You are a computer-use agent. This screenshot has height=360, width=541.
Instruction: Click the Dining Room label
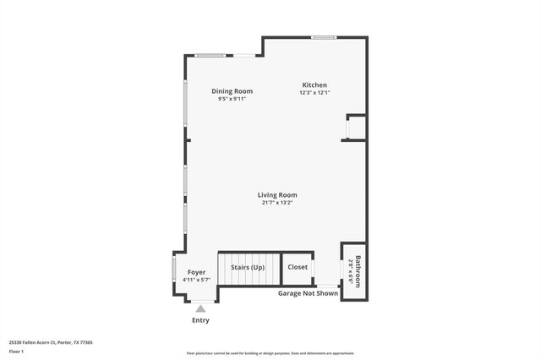pos(232,91)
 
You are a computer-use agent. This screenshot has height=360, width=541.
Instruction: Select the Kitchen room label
pos(314,85)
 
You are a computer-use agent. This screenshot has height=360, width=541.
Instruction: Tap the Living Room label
pos(277,195)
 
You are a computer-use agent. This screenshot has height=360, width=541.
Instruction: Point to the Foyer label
pos(196,273)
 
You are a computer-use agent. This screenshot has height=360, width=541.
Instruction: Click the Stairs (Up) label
pos(248,267)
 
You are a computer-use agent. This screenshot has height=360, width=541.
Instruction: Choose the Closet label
pos(298,267)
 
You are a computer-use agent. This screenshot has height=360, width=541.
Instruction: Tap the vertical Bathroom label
pos(358,271)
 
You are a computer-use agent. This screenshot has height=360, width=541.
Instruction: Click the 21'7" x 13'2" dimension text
pos(277,203)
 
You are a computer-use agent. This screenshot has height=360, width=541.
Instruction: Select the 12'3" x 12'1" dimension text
pos(314,93)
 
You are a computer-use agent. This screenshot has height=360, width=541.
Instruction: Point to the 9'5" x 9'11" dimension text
pos(232,99)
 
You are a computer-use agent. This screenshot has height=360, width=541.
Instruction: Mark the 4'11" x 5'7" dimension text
pos(196,281)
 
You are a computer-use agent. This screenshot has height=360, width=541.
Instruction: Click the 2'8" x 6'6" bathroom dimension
pos(350,271)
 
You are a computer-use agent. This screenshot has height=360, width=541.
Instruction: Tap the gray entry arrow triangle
pos(200,309)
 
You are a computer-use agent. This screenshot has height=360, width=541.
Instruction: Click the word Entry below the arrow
pos(200,320)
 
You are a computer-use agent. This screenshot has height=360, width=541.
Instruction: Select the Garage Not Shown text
pos(308,293)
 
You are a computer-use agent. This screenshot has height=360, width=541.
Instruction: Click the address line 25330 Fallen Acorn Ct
pos(51,342)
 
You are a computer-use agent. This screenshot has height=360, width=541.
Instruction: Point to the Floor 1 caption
pos(16,351)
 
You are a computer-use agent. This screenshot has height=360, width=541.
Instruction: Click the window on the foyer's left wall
pos(174,273)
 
